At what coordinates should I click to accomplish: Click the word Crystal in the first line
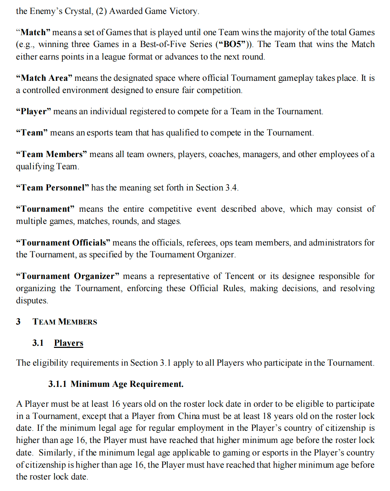click(x=78, y=11)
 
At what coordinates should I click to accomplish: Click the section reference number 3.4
click(x=231, y=188)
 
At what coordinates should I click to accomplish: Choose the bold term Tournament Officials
click(x=63, y=242)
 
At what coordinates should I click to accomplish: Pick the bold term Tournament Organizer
click(x=68, y=276)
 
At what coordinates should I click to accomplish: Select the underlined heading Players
click(x=69, y=343)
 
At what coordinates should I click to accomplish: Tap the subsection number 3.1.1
click(x=57, y=384)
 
